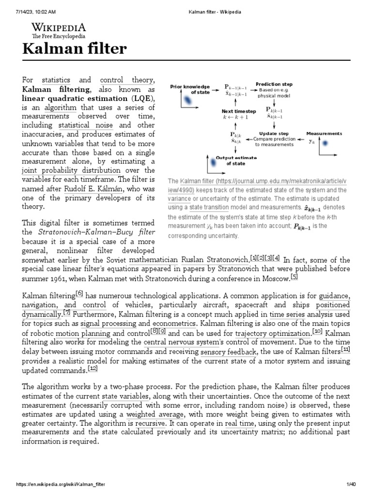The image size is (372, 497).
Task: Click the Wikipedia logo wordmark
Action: [59, 27]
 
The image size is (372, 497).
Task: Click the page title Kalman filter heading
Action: [75, 49]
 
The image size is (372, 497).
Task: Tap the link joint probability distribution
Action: [71, 170]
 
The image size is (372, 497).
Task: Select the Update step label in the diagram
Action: [274, 133]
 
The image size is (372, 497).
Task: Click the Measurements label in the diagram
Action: [324, 133]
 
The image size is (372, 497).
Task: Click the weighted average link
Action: [155, 414]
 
